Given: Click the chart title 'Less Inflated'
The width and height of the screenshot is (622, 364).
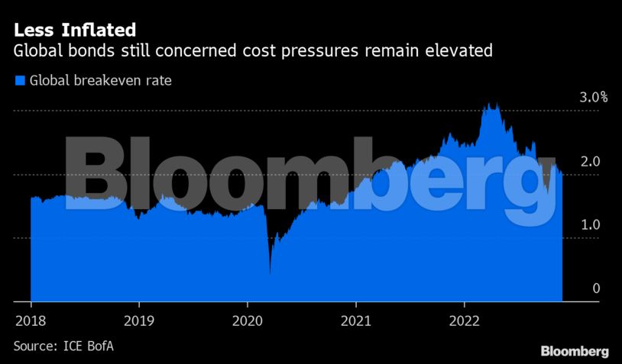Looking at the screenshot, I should [74, 31].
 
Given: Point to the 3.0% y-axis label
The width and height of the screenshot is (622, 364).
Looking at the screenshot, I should [592, 98].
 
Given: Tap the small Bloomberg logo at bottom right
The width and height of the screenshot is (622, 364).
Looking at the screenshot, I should [575, 352].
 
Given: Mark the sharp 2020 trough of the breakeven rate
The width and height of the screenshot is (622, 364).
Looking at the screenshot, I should [270, 271].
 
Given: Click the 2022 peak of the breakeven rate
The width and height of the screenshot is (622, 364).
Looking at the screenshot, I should [492, 105].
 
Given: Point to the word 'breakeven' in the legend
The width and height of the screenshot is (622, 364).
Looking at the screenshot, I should [104, 79].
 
